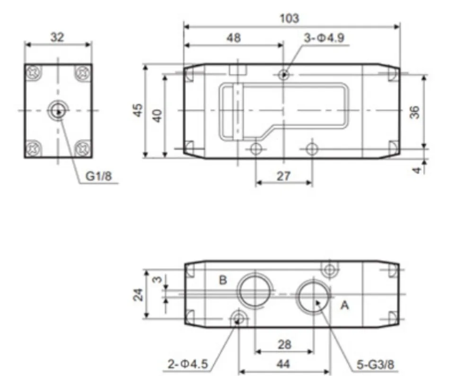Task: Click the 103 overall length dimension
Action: tap(289, 18)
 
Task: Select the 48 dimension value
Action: tap(234, 38)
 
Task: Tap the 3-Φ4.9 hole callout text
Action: tap(324, 38)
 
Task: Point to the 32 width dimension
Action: tap(57, 37)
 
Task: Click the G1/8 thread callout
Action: tap(99, 176)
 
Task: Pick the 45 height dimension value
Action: tap(138, 110)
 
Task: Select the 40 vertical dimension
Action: tap(157, 115)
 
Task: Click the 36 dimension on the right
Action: tap(415, 112)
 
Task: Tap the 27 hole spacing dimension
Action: tap(283, 176)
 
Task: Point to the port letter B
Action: tap(223, 280)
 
